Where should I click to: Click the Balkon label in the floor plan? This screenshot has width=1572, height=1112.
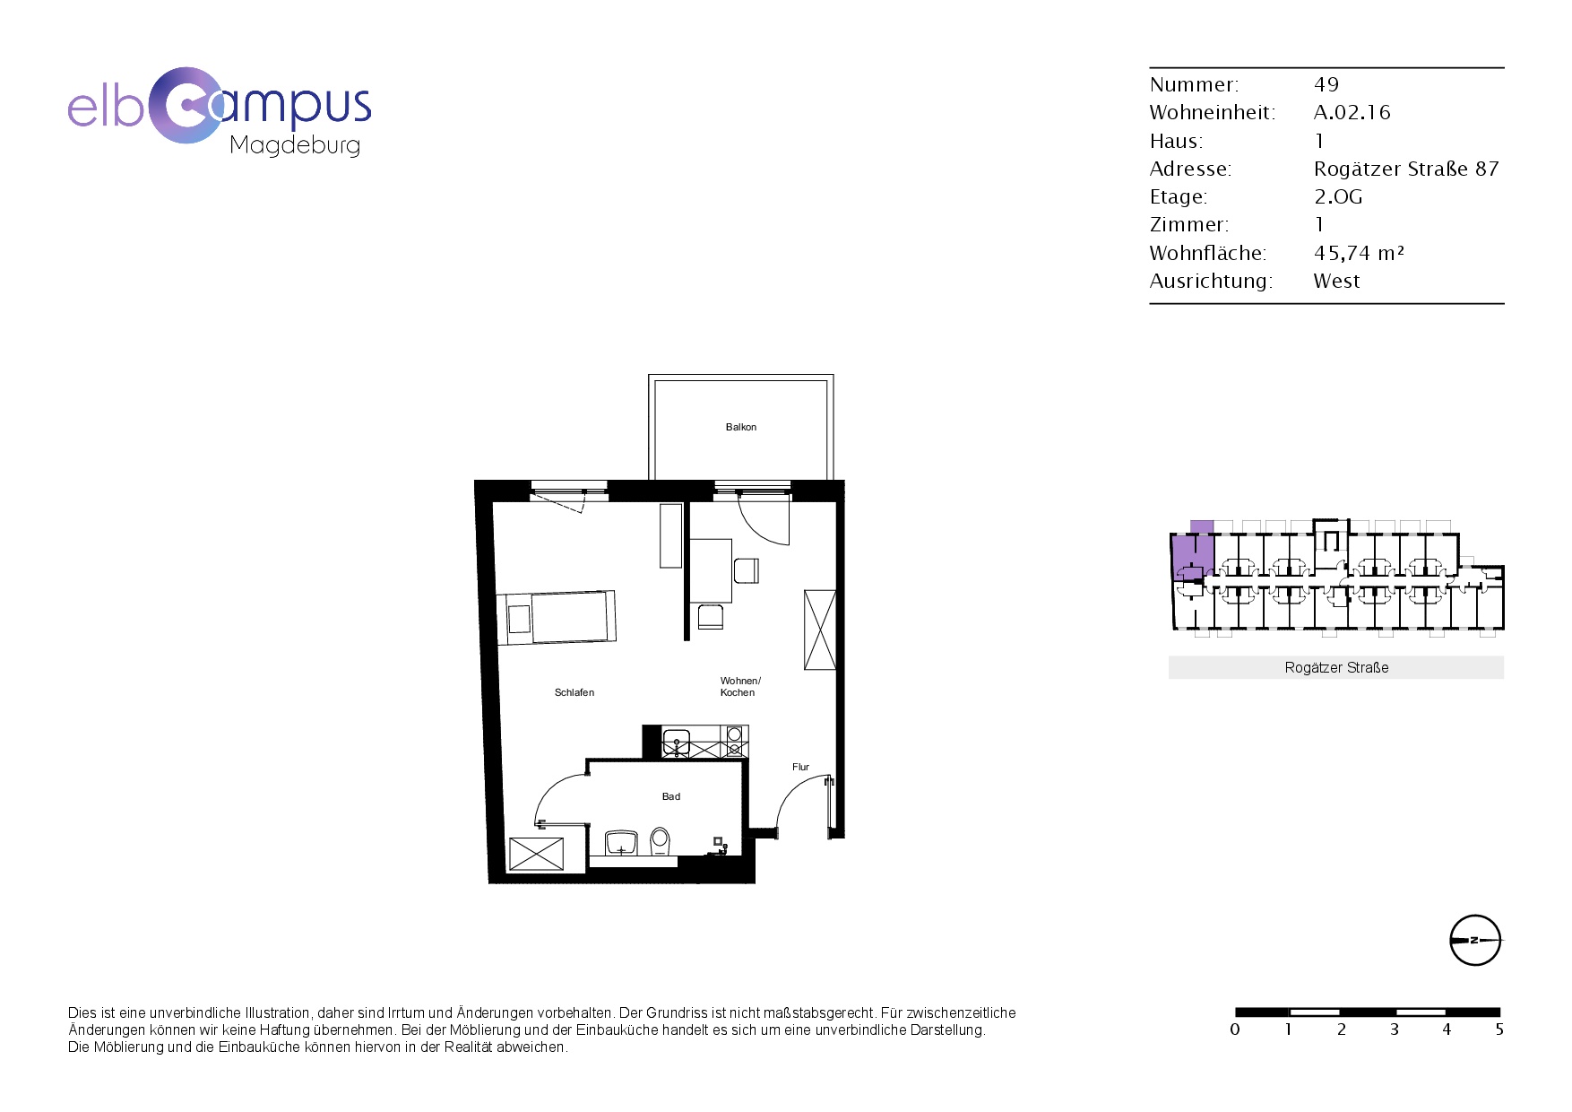coord(741,428)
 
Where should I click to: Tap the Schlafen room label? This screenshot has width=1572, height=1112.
coord(574,693)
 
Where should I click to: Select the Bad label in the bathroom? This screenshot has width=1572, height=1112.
coord(671,796)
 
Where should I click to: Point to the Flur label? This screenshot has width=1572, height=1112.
coord(800,767)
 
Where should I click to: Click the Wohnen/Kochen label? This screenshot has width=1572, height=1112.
coord(740,687)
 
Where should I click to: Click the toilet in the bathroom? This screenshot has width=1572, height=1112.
coord(661,841)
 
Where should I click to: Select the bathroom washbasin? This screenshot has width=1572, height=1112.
coord(621,844)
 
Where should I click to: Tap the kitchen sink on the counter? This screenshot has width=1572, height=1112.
coord(676,743)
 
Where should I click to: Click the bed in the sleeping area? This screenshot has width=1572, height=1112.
coord(557,618)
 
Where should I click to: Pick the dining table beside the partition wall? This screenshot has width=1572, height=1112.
coord(711,570)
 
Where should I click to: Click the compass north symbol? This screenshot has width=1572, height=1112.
coord(1475,941)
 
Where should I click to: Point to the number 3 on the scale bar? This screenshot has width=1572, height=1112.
coord(1395,1029)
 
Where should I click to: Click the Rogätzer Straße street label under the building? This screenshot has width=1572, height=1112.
coord(1336,668)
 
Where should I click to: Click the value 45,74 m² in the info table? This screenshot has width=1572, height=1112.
coord(1359,253)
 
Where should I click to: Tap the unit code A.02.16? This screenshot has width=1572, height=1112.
coord(1352,112)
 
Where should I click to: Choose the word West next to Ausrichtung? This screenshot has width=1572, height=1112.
coord(1336,281)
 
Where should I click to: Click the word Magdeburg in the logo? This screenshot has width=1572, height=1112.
coord(295,145)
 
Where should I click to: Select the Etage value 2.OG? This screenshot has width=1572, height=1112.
coord(1338,196)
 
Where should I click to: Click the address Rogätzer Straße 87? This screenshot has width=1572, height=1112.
coord(1406,169)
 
